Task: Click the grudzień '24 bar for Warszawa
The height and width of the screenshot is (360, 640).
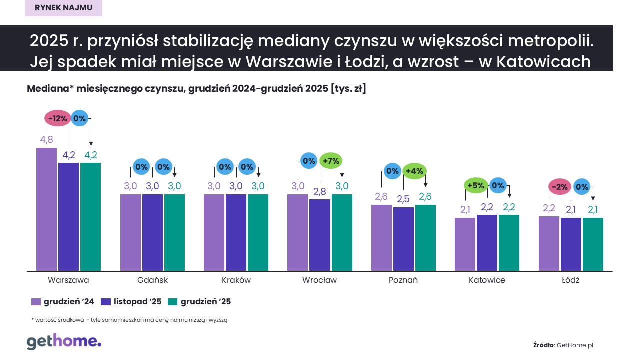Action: (x=47, y=209)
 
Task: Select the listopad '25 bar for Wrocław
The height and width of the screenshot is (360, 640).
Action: (x=319, y=235)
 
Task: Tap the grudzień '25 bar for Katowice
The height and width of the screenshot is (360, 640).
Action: (x=509, y=243)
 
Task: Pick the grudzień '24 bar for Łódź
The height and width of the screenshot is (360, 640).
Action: (x=549, y=244)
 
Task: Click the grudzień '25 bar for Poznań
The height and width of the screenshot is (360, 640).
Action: (x=425, y=238)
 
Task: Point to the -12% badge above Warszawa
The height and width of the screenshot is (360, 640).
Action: (x=58, y=118)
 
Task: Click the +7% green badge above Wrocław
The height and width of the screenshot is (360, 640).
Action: (x=331, y=161)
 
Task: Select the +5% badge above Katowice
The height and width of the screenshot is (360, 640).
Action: (x=475, y=185)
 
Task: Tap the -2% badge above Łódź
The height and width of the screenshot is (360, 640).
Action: (x=560, y=187)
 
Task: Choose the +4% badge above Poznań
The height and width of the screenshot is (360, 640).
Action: (x=414, y=171)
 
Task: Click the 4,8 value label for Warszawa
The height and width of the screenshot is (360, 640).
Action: (x=46, y=140)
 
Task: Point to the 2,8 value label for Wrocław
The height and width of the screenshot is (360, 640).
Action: (x=319, y=191)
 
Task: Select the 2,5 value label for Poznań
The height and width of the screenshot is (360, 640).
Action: (x=403, y=199)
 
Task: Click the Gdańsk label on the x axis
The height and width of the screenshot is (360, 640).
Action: (x=152, y=280)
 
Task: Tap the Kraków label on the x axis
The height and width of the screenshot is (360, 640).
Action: (x=236, y=280)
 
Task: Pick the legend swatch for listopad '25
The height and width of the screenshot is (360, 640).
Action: (x=105, y=302)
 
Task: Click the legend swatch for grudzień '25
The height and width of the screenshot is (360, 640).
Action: (x=172, y=302)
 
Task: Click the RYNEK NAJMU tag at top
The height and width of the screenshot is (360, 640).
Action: (x=63, y=8)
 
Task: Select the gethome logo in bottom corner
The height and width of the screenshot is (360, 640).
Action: (x=64, y=342)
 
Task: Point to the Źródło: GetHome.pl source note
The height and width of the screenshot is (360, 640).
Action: (x=563, y=345)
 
